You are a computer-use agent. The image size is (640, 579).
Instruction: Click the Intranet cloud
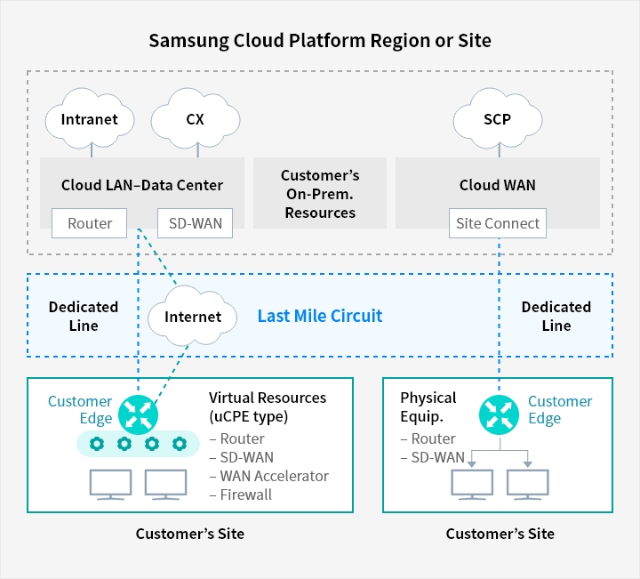[89, 119]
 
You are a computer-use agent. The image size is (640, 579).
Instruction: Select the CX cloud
[195, 119]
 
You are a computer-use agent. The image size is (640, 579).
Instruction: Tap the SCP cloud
[497, 119]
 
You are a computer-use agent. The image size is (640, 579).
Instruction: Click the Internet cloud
[193, 317]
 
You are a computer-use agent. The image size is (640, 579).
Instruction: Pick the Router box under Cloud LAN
[90, 223]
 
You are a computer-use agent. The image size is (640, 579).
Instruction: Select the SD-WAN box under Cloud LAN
[195, 223]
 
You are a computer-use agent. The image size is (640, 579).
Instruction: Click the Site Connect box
[498, 223]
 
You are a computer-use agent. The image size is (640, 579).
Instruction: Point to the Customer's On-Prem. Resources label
[320, 194]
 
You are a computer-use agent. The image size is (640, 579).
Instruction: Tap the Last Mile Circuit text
[320, 316]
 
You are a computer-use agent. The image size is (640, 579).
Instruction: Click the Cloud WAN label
[497, 185]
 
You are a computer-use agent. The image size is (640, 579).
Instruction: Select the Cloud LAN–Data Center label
[142, 185]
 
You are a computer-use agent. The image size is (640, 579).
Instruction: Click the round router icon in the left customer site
[139, 411]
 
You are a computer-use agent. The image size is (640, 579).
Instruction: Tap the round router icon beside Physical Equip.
[498, 412]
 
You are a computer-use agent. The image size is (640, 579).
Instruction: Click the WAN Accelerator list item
[268, 476]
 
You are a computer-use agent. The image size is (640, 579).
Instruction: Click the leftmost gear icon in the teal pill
[97, 443]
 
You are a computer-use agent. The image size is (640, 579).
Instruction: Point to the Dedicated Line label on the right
[556, 316]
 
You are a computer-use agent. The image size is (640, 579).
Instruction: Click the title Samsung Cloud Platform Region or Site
[320, 41]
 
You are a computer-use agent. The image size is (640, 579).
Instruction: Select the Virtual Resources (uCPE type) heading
[267, 406]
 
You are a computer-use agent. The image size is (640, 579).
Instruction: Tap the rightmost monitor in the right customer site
[529, 483]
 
